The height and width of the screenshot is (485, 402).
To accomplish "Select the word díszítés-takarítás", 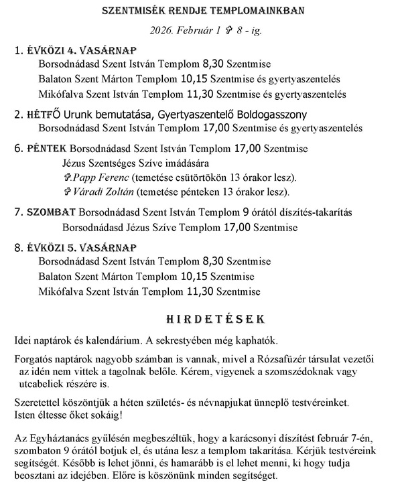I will [x=316, y=212].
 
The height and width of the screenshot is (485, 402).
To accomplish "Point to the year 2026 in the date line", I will [x=164, y=30].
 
